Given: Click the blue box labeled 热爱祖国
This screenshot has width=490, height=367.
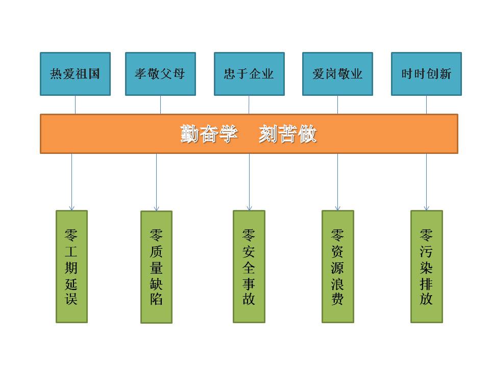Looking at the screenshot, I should (x=75, y=74).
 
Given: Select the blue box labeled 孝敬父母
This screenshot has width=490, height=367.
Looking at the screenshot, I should (x=160, y=74).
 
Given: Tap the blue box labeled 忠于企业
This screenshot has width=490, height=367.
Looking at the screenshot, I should (x=249, y=74).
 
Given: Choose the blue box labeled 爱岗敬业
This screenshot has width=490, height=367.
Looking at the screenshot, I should (x=337, y=74).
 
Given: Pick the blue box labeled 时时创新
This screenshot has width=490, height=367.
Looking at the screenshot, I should (x=426, y=74).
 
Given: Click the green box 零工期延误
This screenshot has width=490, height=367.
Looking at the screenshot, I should (x=71, y=267).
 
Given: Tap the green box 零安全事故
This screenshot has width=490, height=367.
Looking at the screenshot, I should (x=249, y=267).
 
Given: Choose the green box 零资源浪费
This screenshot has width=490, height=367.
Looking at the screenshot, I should (x=337, y=267).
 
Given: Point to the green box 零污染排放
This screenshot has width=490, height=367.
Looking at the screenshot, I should (x=426, y=267).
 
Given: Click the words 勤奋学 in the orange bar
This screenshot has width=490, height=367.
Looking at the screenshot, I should (x=209, y=134).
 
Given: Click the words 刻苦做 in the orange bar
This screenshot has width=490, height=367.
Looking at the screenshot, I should (x=287, y=134).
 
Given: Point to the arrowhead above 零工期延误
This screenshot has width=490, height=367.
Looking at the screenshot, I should (x=71, y=207).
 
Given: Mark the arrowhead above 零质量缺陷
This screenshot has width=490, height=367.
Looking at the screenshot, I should (x=156, y=208).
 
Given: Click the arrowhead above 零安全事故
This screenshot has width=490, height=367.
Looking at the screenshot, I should (x=249, y=207).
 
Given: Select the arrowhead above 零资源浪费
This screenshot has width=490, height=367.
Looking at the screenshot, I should (x=337, y=207).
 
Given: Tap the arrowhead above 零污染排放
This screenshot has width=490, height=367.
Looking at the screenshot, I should (x=426, y=207).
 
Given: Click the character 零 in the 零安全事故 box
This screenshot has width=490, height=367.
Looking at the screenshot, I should (x=249, y=236).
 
